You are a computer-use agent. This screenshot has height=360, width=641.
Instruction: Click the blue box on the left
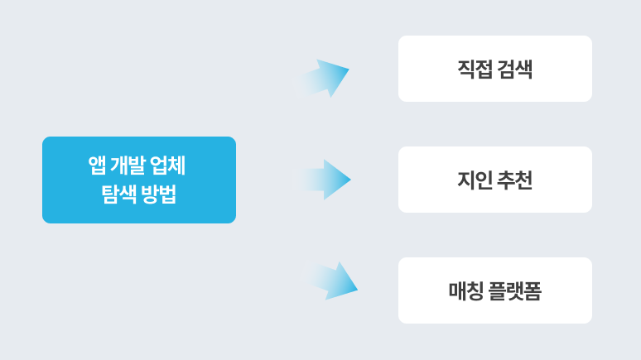(x=139, y=180)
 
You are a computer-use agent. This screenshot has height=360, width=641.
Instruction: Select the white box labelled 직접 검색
(x=494, y=69)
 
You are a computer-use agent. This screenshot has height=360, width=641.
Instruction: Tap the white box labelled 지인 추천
(x=494, y=180)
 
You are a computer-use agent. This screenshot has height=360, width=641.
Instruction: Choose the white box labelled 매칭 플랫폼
(x=494, y=290)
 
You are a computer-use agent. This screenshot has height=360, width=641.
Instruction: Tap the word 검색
(x=515, y=69)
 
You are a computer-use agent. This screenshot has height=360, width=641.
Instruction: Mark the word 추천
(x=515, y=180)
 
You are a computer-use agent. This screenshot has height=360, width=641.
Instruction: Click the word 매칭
(x=465, y=290)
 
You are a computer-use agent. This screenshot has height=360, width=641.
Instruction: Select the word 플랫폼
(x=513, y=290)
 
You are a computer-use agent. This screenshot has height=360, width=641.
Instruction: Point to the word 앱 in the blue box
(x=97, y=166)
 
